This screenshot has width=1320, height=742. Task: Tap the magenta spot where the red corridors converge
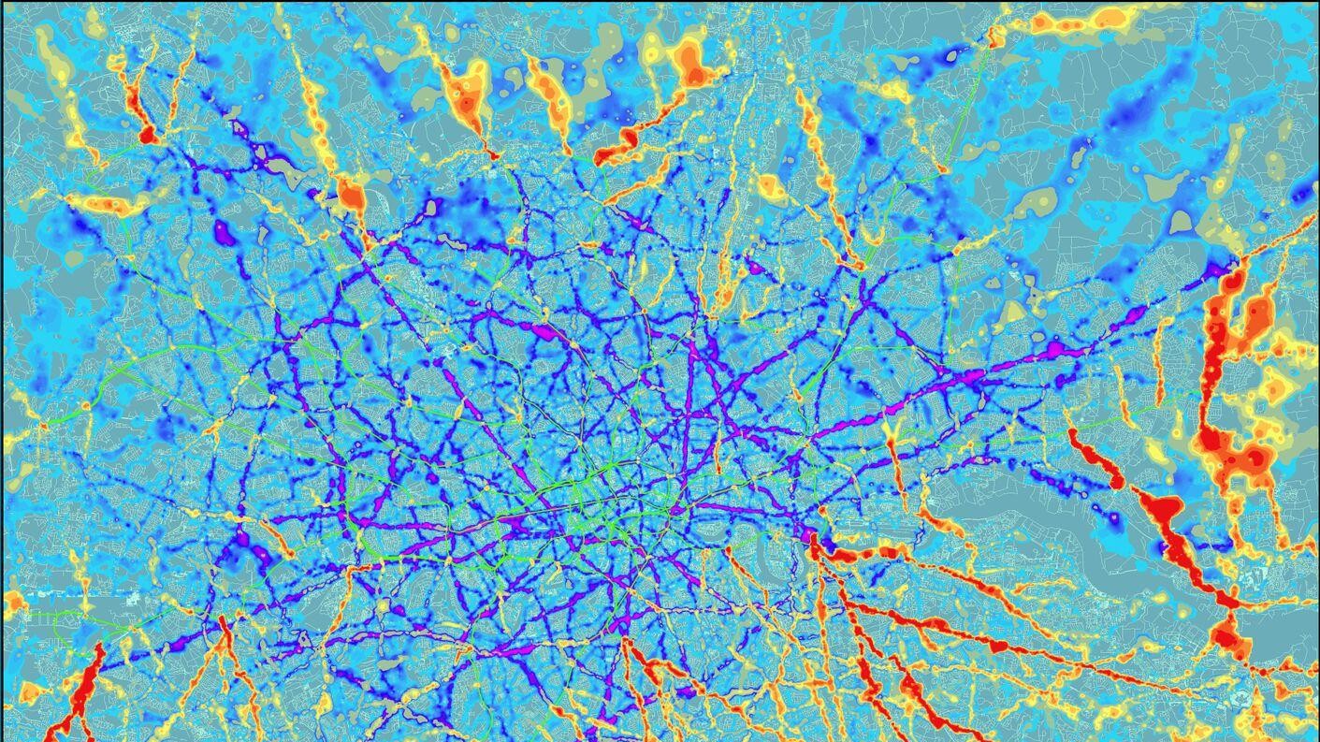tap(810, 537)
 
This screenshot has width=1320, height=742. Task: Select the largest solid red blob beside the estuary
tap(1164, 510)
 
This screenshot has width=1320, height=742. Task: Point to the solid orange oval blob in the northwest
tap(352, 196)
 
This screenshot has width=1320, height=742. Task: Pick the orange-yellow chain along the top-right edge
tap(1076, 21)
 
